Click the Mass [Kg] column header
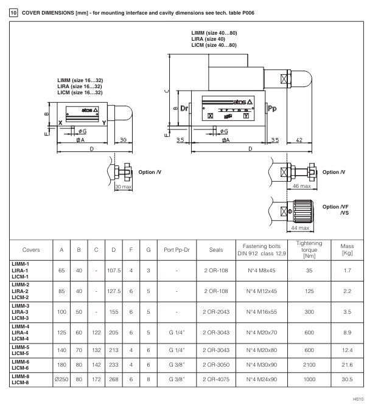(x=348, y=249)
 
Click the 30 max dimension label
(x=124, y=186)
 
